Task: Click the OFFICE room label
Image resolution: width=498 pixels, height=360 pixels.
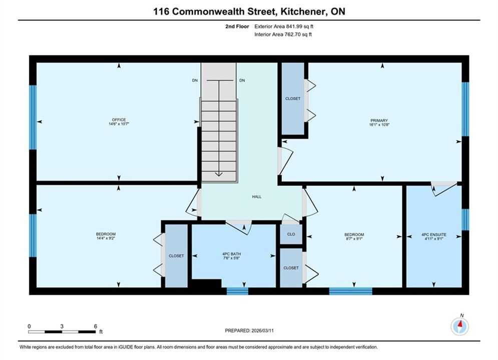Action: [119, 119]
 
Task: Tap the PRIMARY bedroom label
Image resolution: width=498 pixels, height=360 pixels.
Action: [379, 120]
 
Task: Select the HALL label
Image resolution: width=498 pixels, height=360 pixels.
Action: [257, 196]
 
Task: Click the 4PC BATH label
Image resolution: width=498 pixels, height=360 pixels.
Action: [232, 253]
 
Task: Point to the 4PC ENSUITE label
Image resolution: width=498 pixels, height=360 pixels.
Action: [434, 234]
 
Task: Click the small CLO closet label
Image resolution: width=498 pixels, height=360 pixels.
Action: [291, 234]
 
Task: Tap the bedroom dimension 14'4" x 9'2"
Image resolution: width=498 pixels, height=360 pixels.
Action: [106, 238]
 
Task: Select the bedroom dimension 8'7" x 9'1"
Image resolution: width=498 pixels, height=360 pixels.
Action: [354, 239]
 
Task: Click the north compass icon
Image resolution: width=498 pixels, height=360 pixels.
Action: [459, 325]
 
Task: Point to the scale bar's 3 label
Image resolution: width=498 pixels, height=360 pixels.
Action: [62, 326]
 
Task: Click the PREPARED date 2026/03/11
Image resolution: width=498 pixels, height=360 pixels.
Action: [262, 330]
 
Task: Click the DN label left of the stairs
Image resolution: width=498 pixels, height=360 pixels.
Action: [195, 80]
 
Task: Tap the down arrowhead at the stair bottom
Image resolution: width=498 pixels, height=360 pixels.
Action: [219, 174]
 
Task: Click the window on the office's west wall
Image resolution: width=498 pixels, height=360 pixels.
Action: [33, 117]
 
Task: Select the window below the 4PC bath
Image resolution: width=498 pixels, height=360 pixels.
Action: [238, 291]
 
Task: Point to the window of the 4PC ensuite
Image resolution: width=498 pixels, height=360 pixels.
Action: [465, 219]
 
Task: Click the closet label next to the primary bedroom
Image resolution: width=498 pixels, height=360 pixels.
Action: [292, 98]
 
